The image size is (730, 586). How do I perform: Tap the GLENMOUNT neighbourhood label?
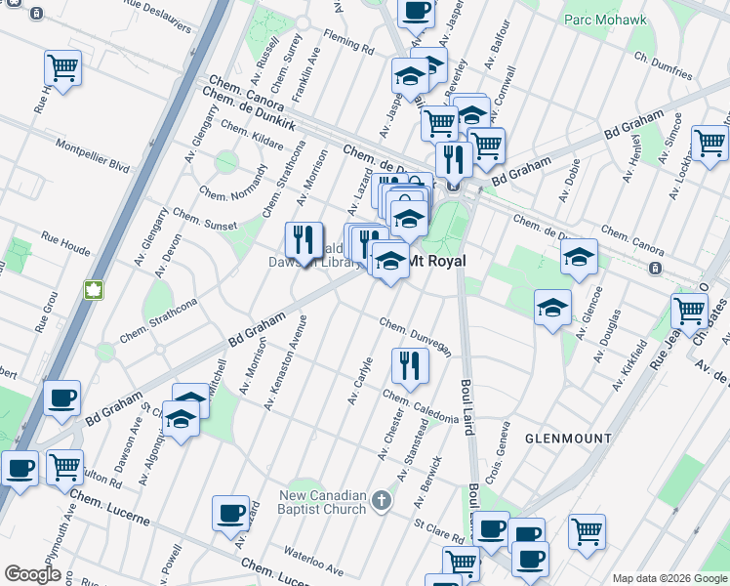567,439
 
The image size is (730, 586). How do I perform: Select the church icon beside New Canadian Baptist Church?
381,501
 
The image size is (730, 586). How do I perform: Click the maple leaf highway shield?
96,290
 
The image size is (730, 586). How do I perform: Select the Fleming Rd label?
348,46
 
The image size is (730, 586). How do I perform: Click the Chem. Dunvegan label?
415,336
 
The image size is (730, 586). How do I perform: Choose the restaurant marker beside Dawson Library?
304,238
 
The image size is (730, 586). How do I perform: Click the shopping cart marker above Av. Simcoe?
710,143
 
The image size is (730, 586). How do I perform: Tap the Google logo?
33,574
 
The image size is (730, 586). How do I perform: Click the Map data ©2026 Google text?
669,578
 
